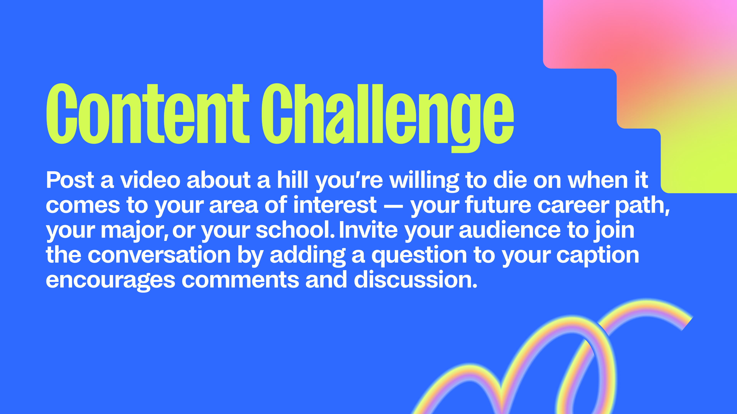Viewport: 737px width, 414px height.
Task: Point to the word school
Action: pyautogui.click(x=295, y=230)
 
